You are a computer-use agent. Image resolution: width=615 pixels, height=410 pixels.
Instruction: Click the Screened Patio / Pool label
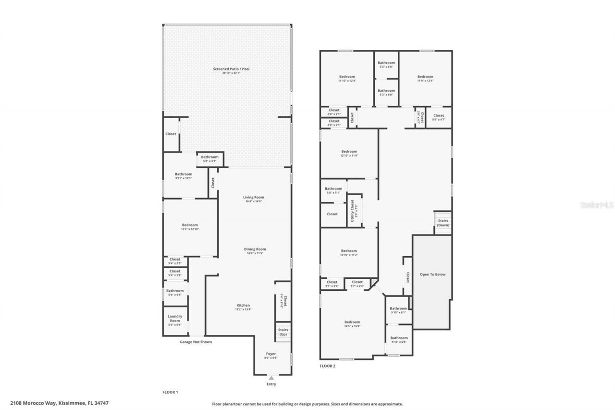pyautogui.click(x=231, y=71)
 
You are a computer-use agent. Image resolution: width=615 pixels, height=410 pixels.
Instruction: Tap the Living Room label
pyautogui.click(x=253, y=199)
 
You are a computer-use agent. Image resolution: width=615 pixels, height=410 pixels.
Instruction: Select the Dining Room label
pyautogui.click(x=255, y=251)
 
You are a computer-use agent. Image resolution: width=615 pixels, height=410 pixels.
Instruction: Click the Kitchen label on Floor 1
pyautogui.click(x=243, y=307)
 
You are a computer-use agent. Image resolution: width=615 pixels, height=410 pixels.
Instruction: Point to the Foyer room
pyautogui.click(x=271, y=355)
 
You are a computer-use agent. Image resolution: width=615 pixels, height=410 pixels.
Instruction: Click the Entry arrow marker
pyautogui.click(x=271, y=378)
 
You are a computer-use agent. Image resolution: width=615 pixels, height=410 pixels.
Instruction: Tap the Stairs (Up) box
pyautogui.click(x=283, y=332)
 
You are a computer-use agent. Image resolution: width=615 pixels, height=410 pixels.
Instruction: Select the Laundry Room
pyautogui.click(x=175, y=320)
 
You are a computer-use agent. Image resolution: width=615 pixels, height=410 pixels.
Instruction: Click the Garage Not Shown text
pyautogui.click(x=196, y=342)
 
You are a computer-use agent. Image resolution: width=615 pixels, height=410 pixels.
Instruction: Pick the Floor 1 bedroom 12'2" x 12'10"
pyautogui.click(x=189, y=227)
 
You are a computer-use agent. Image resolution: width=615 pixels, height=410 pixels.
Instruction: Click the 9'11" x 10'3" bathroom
pyautogui.click(x=183, y=176)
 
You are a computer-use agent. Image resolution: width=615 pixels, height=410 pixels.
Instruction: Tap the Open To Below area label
pyautogui.click(x=432, y=274)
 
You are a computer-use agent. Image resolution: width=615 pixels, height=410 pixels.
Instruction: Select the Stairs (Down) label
pyautogui.click(x=443, y=223)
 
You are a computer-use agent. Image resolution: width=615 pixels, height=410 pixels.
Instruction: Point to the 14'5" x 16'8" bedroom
pyautogui.click(x=352, y=324)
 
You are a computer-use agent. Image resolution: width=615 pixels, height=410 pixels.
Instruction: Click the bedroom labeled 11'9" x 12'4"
pyautogui.click(x=425, y=78)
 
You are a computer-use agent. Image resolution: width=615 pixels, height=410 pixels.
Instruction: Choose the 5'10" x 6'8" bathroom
pyautogui.click(x=399, y=340)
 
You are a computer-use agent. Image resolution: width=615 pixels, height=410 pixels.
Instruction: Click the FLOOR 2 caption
pyautogui.click(x=327, y=366)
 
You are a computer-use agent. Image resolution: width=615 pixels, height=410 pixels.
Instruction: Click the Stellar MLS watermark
pyautogui.click(x=596, y=205)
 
